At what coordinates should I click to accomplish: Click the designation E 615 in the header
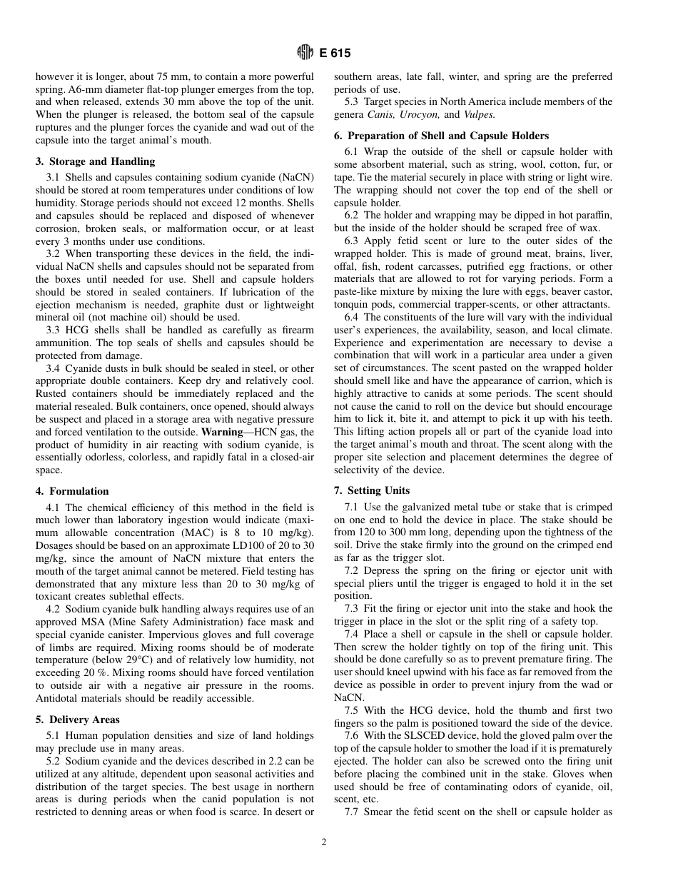(x=335, y=53)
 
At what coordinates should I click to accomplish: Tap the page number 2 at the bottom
(x=323, y=842)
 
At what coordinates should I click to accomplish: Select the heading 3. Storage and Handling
(x=95, y=161)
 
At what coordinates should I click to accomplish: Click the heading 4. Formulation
(x=72, y=491)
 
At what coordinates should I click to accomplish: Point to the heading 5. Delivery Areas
(x=78, y=720)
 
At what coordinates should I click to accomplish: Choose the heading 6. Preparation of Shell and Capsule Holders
(x=441, y=136)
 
